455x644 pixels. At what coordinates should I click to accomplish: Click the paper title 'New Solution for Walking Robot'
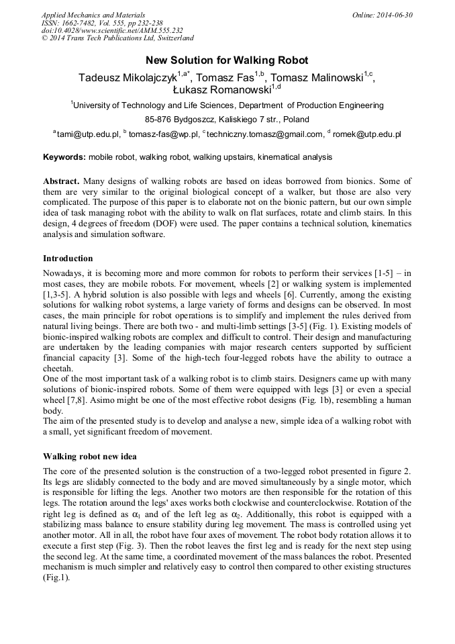(x=227, y=60)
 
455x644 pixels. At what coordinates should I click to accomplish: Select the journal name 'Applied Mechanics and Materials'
(x=93, y=15)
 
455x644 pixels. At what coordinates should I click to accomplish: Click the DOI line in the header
(x=111, y=31)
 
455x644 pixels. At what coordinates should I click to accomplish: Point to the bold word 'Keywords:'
(x=64, y=157)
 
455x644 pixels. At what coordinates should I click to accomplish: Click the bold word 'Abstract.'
(x=61, y=182)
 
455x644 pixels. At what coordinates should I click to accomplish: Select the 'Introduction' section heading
(x=68, y=259)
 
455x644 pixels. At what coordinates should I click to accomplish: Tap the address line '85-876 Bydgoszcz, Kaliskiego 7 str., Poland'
(x=227, y=120)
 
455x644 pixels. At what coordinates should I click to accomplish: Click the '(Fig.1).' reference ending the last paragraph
(x=56, y=577)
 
